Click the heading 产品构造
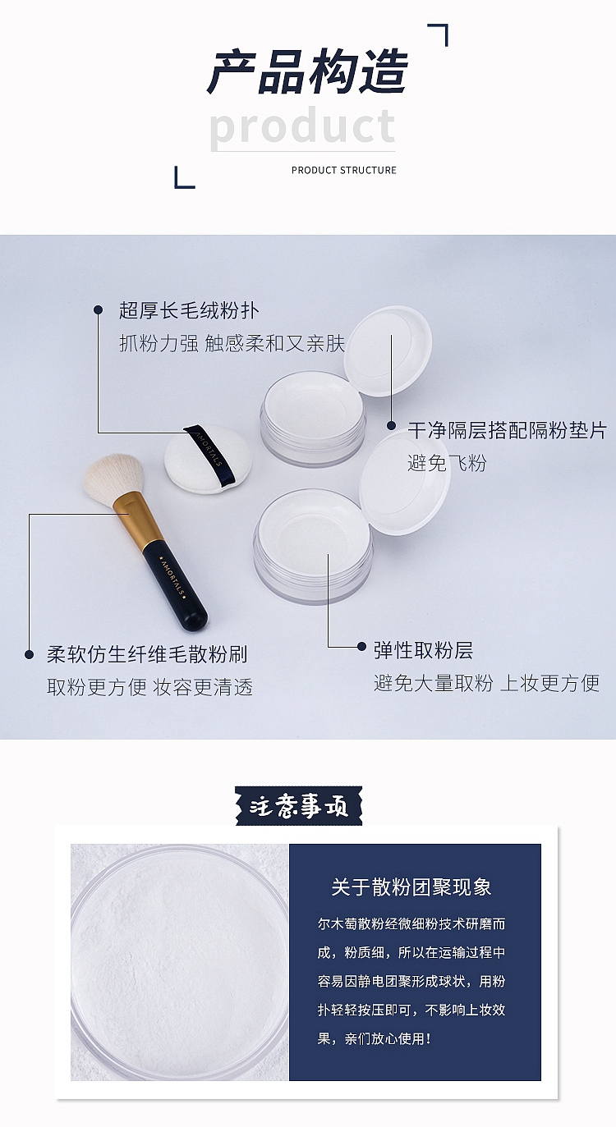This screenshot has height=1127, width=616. click(307, 71)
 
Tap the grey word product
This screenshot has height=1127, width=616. click(302, 126)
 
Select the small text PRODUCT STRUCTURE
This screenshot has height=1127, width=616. click(344, 170)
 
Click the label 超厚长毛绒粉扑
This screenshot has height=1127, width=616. click(189, 310)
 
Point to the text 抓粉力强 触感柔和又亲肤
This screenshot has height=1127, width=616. click(232, 344)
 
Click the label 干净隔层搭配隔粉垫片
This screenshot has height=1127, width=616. click(507, 430)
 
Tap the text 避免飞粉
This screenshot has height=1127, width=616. click(447, 463)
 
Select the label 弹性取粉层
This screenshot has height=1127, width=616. click(423, 650)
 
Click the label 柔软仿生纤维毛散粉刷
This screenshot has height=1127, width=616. click(148, 654)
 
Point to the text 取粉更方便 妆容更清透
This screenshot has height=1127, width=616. click(150, 687)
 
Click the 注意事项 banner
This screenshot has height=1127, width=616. click(298, 806)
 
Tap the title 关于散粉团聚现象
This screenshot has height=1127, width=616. click(411, 886)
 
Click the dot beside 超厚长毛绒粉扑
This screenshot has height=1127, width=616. click(98, 310)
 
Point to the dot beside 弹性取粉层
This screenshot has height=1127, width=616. click(361, 647)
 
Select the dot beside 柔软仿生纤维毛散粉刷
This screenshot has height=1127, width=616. click(30, 654)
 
